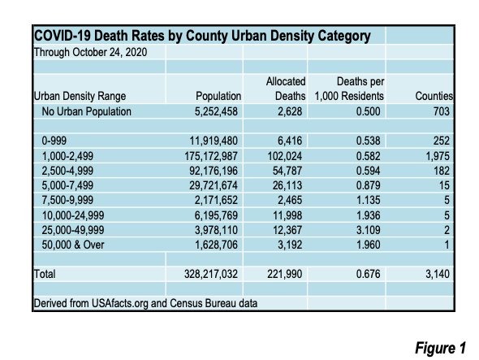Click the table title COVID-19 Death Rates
click(x=202, y=36)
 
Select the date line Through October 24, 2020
click(x=90, y=52)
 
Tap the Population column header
click(x=218, y=96)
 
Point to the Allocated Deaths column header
click(x=286, y=89)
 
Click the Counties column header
click(x=434, y=96)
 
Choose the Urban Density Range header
click(x=80, y=96)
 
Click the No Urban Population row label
click(x=86, y=111)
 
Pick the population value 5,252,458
click(x=216, y=111)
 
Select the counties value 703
click(x=442, y=111)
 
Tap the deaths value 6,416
click(x=290, y=141)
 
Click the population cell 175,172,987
click(x=211, y=156)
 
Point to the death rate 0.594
click(x=369, y=171)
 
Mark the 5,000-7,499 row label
click(x=67, y=185)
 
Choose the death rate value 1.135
click(x=369, y=200)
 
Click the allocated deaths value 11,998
click(x=287, y=215)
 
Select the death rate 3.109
click(x=369, y=230)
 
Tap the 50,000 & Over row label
click(x=73, y=245)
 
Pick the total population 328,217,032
click(x=211, y=274)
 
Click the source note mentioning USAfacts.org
click(x=145, y=303)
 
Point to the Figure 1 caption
click(x=440, y=348)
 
